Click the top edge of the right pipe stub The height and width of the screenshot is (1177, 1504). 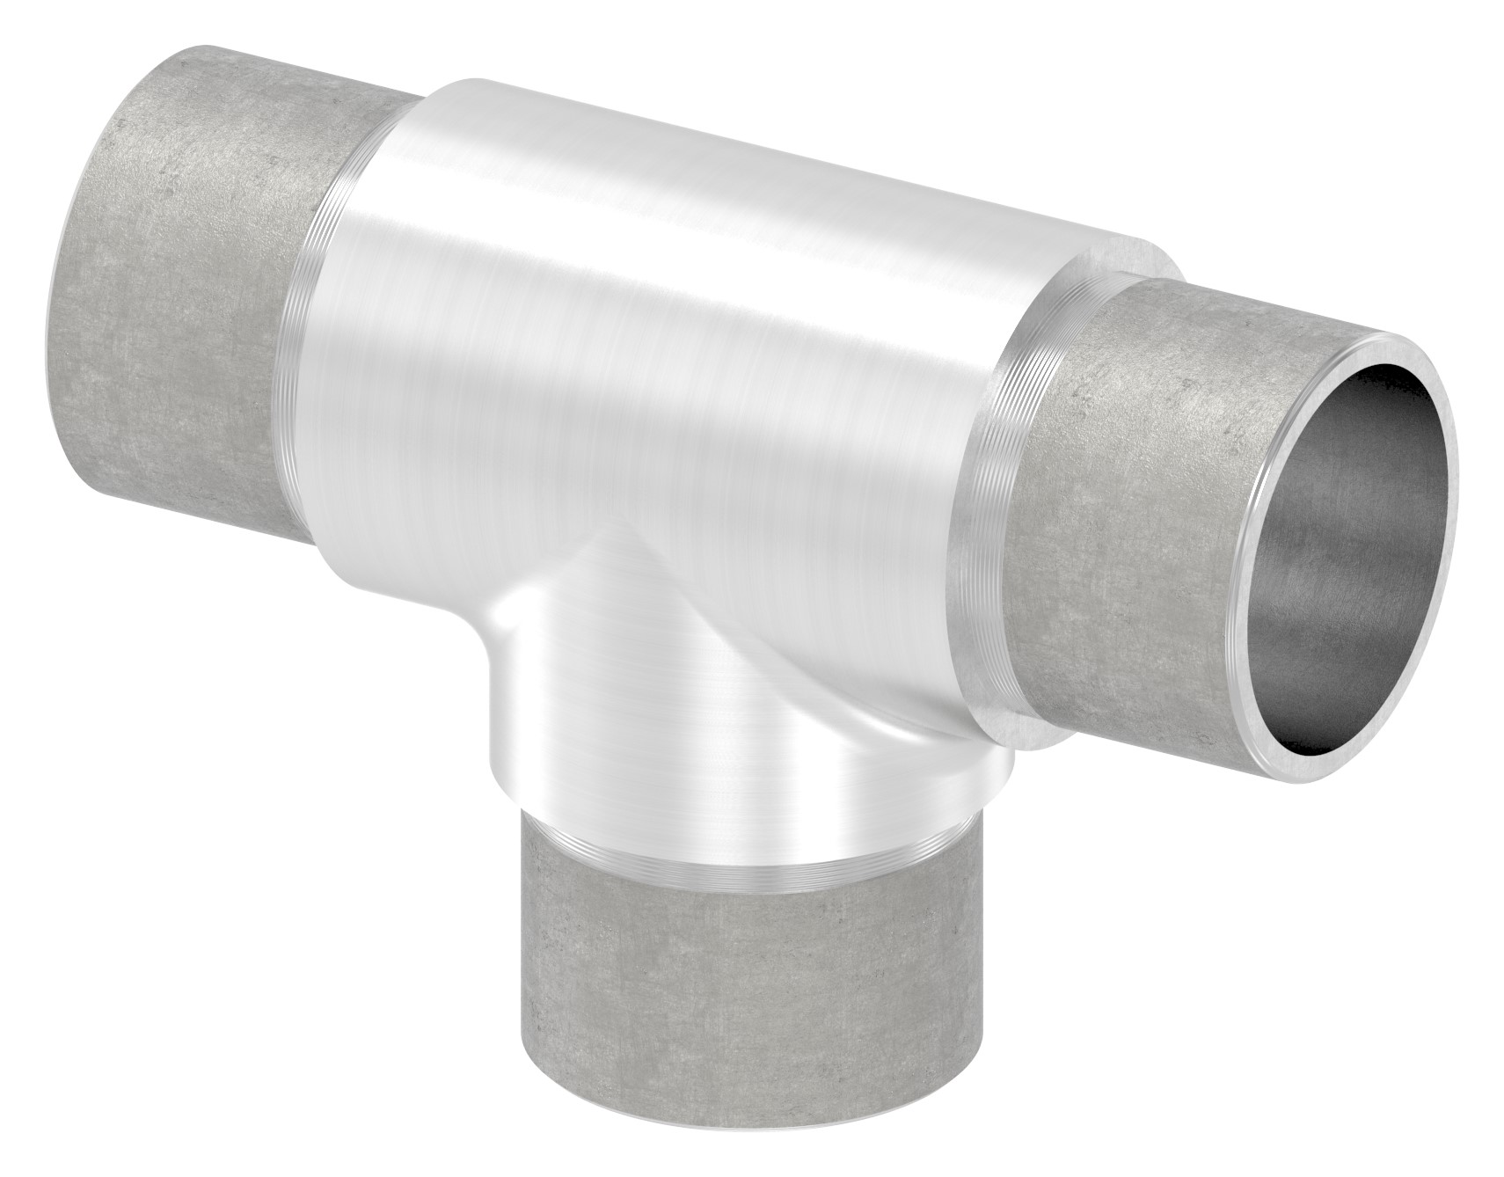point(1249,299)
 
